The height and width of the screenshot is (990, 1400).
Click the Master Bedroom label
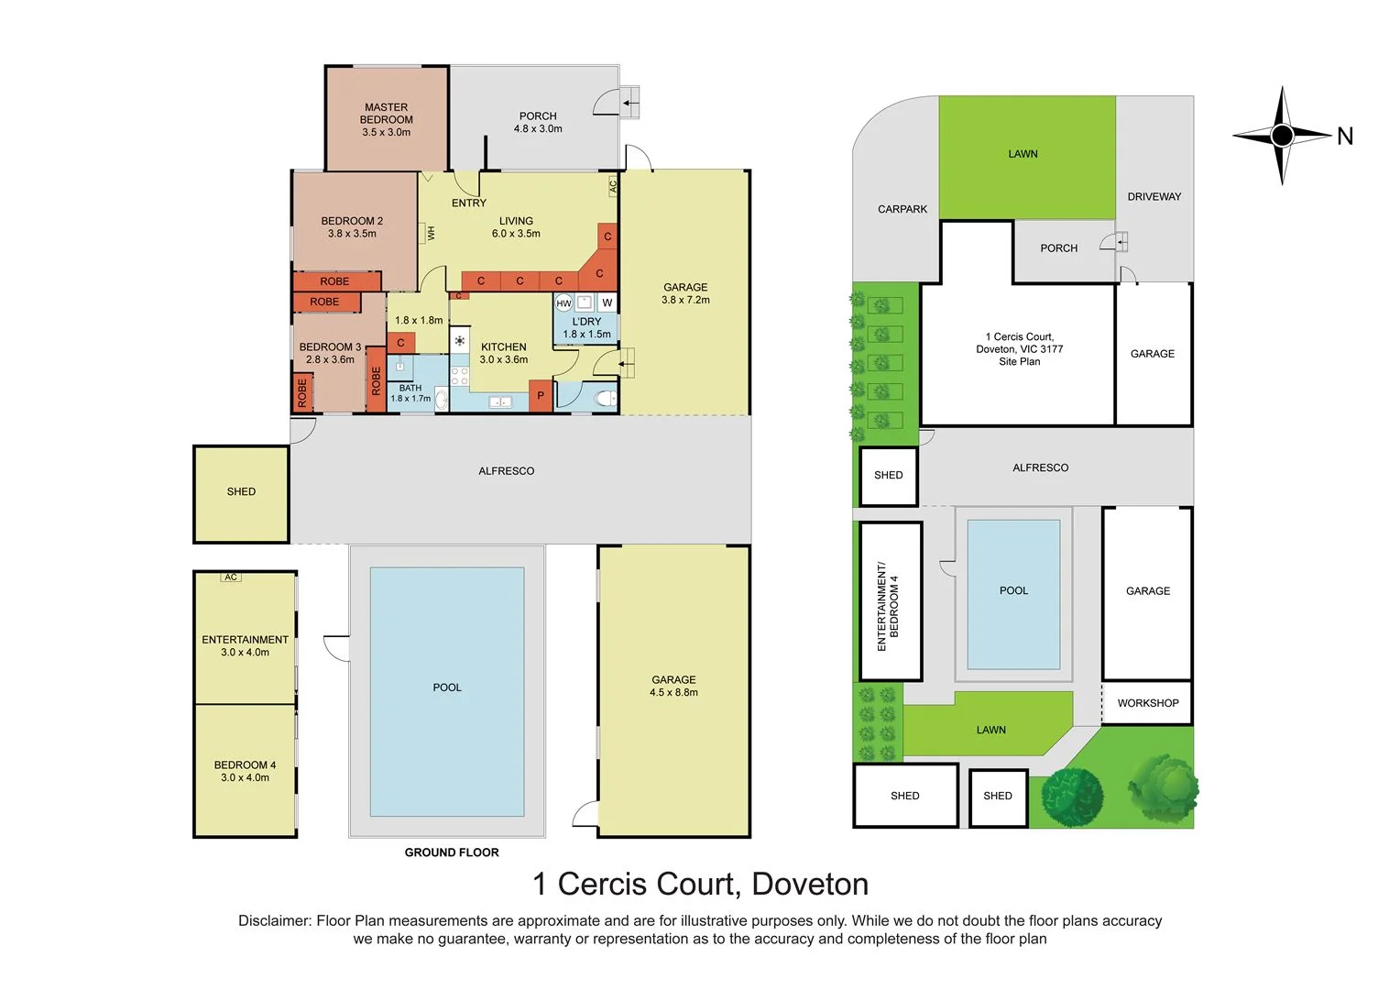pyautogui.click(x=386, y=119)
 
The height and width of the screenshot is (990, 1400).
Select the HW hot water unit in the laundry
pyautogui.click(x=563, y=303)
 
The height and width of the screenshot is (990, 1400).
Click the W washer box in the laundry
pyautogui.click(x=607, y=302)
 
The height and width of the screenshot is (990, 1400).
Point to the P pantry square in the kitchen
pyautogui.click(x=541, y=396)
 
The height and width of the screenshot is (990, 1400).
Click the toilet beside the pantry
pyautogui.click(x=604, y=398)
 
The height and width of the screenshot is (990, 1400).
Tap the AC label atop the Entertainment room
pyautogui.click(x=231, y=577)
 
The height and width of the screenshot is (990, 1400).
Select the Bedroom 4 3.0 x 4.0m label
pyautogui.click(x=245, y=771)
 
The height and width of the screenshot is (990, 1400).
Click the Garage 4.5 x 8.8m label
pyautogui.click(x=673, y=686)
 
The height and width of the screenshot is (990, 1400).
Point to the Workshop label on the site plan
pyautogui.click(x=1147, y=703)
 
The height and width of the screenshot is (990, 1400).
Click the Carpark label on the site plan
pyautogui.click(x=902, y=209)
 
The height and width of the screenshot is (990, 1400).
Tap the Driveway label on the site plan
pyautogui.click(x=1154, y=196)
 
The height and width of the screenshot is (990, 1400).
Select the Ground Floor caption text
pyautogui.click(x=452, y=852)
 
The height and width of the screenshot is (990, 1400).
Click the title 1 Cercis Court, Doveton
pyautogui.click(x=700, y=884)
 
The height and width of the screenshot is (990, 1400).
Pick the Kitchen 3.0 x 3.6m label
pyautogui.click(x=503, y=353)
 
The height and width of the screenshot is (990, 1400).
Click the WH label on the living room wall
pyautogui.click(x=431, y=233)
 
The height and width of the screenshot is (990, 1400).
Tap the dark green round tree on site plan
pyautogui.click(x=1071, y=795)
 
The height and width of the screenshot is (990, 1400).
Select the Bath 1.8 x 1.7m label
pyautogui.click(x=410, y=393)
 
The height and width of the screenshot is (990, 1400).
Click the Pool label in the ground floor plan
pyautogui.click(x=447, y=687)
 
